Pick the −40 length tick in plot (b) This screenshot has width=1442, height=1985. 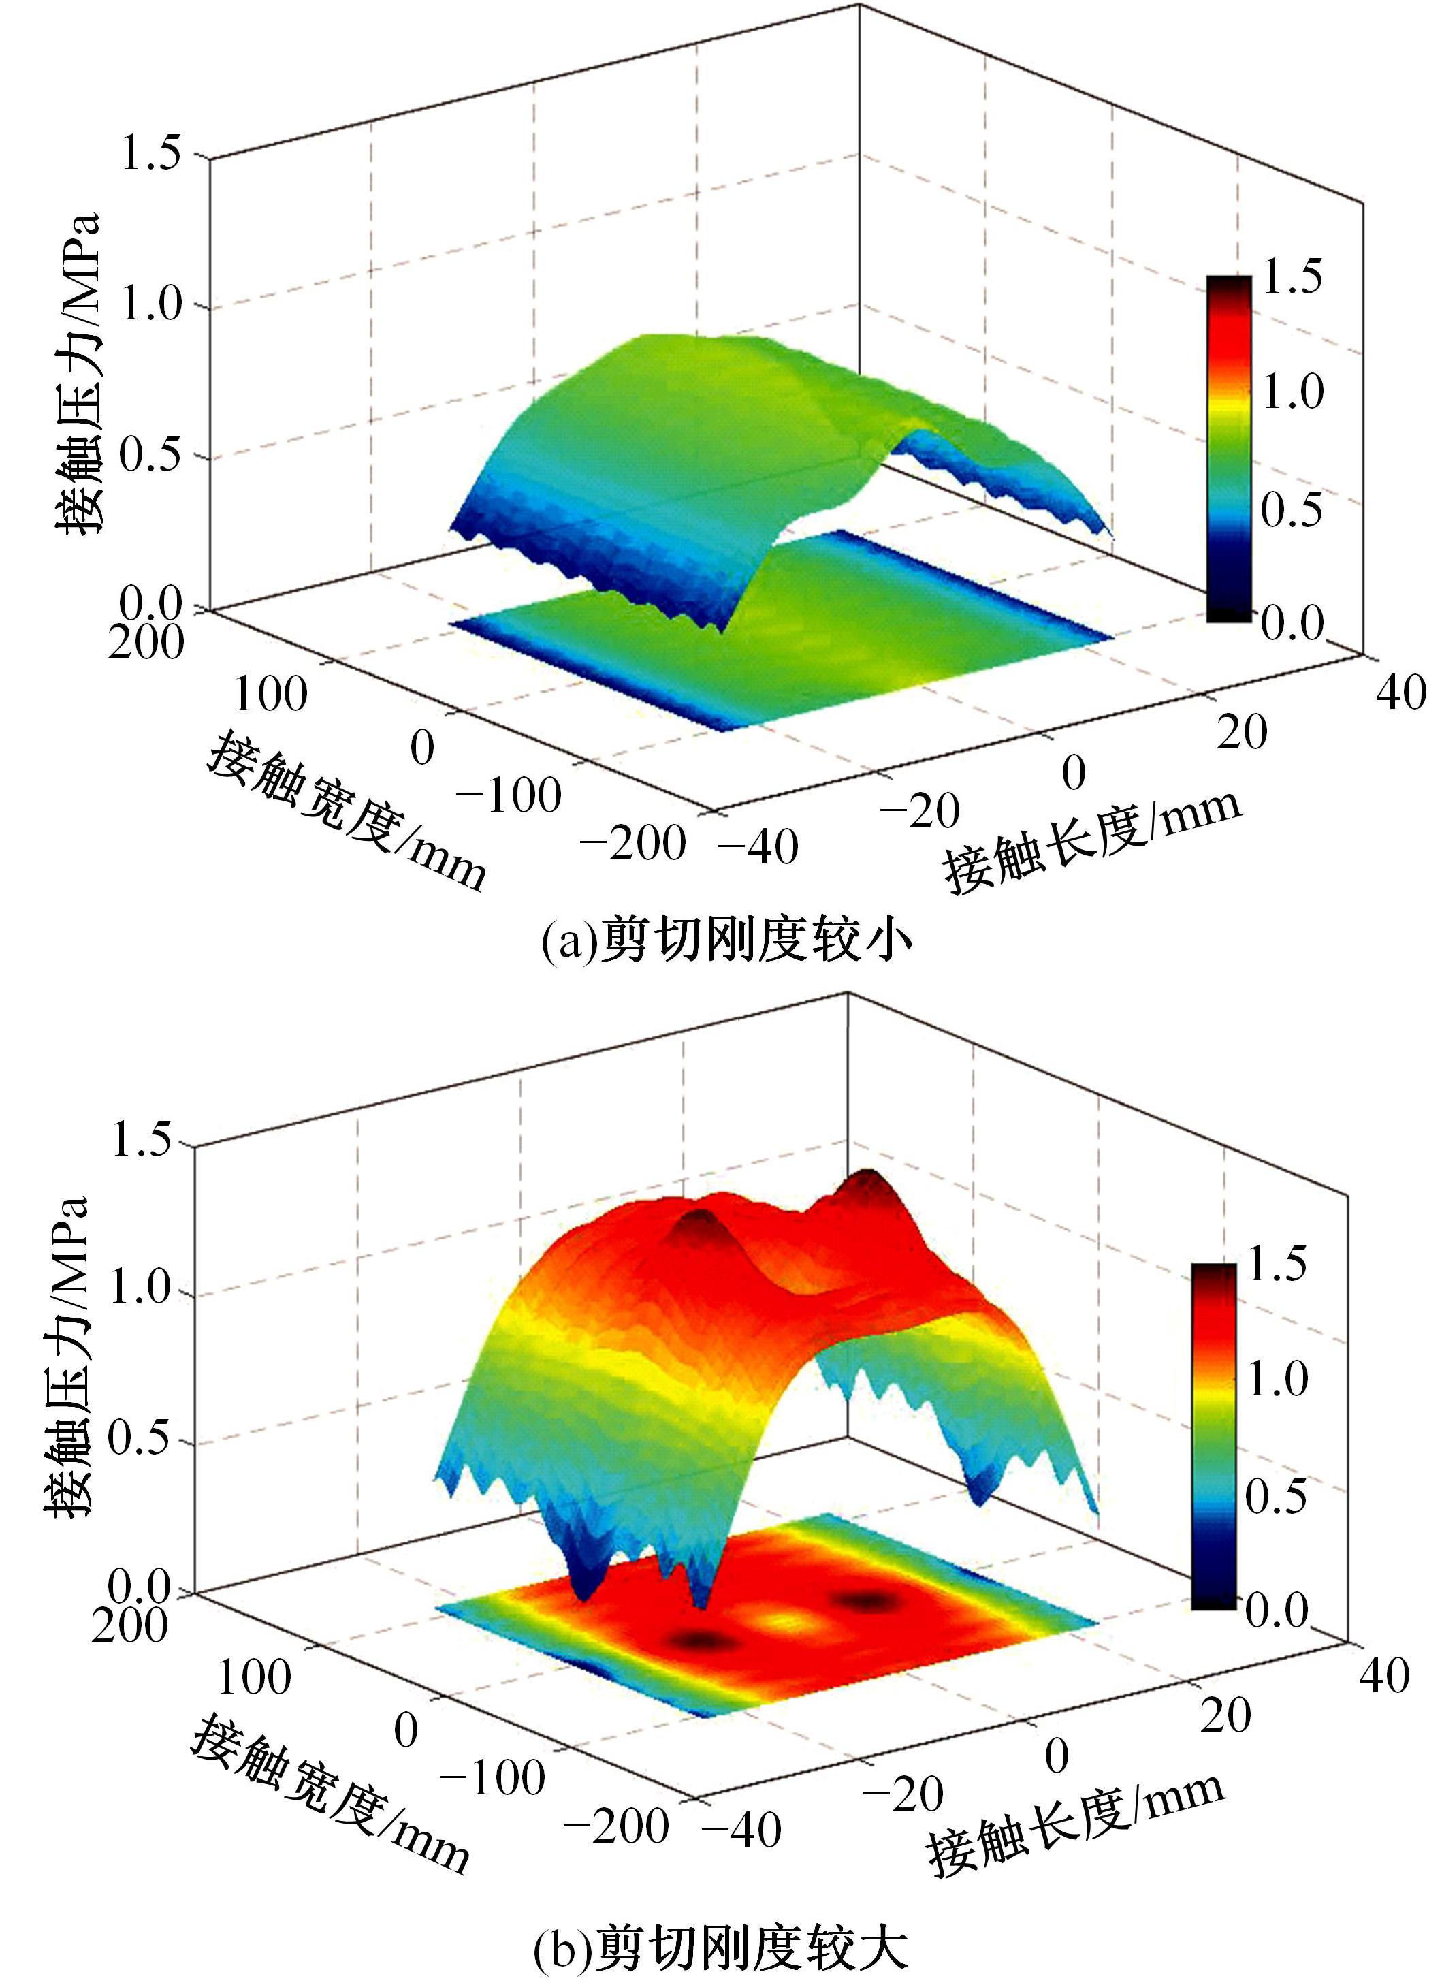tap(741, 1828)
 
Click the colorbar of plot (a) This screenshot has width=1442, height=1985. tap(1228, 448)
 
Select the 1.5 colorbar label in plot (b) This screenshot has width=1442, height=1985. tap(1276, 1263)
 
